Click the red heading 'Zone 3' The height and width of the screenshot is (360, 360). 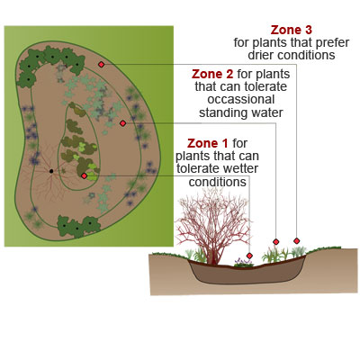click(291, 30)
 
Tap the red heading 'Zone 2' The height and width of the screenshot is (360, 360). click(212, 74)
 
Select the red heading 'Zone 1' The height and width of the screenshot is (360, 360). click(208, 143)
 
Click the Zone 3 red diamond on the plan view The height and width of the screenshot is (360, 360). click(101, 64)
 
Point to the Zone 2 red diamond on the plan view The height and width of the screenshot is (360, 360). click(122, 123)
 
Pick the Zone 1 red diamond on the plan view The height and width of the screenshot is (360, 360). click(84, 175)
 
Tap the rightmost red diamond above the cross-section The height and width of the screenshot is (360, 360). click(297, 240)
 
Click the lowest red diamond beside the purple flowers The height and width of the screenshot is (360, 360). click(249, 256)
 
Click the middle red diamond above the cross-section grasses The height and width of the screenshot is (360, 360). click(276, 241)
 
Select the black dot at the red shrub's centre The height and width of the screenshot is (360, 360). click(51, 171)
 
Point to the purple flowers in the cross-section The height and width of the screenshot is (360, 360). click(243, 262)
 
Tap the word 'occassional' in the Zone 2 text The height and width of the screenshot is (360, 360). click(241, 100)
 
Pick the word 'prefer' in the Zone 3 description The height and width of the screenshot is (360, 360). click(333, 43)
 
